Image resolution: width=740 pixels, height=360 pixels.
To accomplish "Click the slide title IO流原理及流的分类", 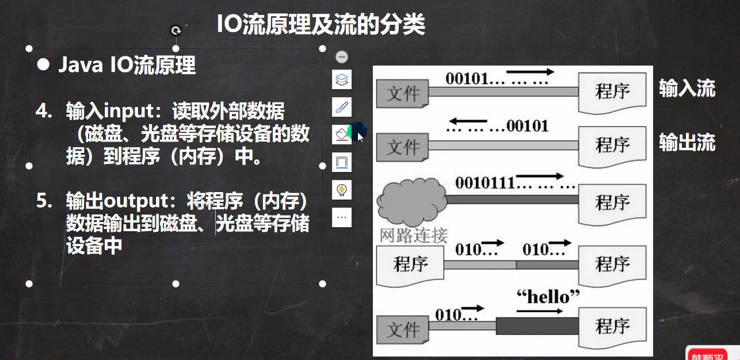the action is click(x=321, y=25).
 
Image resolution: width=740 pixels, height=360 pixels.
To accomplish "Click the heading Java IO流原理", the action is click(x=127, y=66).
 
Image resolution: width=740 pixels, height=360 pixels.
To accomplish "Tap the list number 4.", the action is click(x=44, y=110).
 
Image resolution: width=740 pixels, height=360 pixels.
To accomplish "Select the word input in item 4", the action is click(x=127, y=110).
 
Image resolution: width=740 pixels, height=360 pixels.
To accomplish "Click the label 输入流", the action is click(x=687, y=89).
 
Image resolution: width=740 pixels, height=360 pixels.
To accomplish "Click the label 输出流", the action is click(x=687, y=143).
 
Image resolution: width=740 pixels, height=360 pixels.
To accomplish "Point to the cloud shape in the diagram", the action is click(x=411, y=201).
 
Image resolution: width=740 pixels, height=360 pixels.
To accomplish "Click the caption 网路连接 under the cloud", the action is click(x=414, y=235).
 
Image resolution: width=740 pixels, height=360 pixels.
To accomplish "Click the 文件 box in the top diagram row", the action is click(x=402, y=93).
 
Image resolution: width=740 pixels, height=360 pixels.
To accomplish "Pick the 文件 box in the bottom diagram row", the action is click(x=402, y=330).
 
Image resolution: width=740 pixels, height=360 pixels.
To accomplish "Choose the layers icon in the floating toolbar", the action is click(x=342, y=79).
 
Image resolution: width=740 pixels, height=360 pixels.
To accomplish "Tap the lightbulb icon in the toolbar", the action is click(x=342, y=189).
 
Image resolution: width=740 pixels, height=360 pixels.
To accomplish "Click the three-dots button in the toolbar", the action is click(x=342, y=217).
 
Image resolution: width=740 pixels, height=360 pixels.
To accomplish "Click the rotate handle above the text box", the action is click(x=176, y=30).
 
